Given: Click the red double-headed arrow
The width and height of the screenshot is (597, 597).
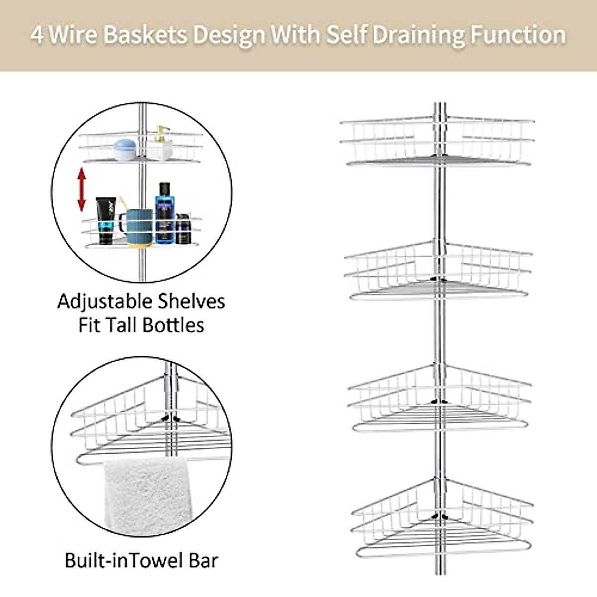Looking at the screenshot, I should [x=82, y=190].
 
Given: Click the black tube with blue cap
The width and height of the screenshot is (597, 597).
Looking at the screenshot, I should [x=105, y=220].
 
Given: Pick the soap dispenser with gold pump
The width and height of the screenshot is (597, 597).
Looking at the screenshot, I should [x=160, y=144].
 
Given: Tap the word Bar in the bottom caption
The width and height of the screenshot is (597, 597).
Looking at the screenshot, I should [x=202, y=560].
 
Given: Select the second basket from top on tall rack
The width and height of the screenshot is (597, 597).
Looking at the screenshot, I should [x=438, y=271].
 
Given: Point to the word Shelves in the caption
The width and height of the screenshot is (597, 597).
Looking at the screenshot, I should [x=192, y=302].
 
